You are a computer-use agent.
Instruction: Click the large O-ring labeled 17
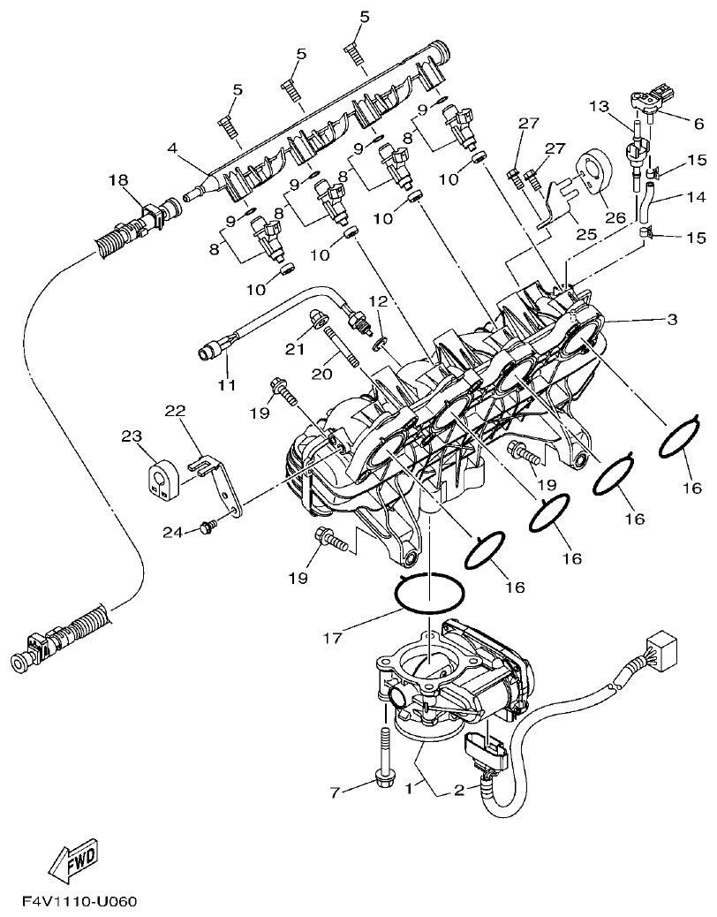(431, 593)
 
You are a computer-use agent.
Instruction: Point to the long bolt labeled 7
(386, 750)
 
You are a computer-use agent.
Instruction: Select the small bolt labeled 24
(209, 527)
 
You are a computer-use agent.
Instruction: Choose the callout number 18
(118, 180)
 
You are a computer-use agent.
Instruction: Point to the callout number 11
(227, 384)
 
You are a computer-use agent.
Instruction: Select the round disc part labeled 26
(594, 175)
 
